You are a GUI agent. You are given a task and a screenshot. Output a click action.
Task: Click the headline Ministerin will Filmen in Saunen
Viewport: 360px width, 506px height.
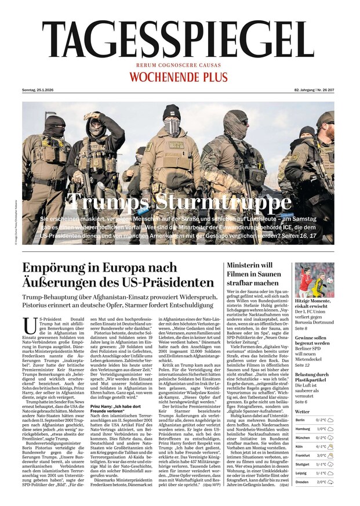pyautogui.click(x=253, y=274)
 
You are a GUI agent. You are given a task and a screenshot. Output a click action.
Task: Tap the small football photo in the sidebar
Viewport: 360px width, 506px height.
pyautogui.click(x=314, y=280)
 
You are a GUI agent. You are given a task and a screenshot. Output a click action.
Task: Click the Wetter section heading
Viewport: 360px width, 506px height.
pyautogui.click(x=302, y=411)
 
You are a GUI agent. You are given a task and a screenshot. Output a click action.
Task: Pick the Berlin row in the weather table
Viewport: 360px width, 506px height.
pyautogui.click(x=314, y=420)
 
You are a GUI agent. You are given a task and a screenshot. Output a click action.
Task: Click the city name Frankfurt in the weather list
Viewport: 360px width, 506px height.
pyautogui.click(x=302, y=456)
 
